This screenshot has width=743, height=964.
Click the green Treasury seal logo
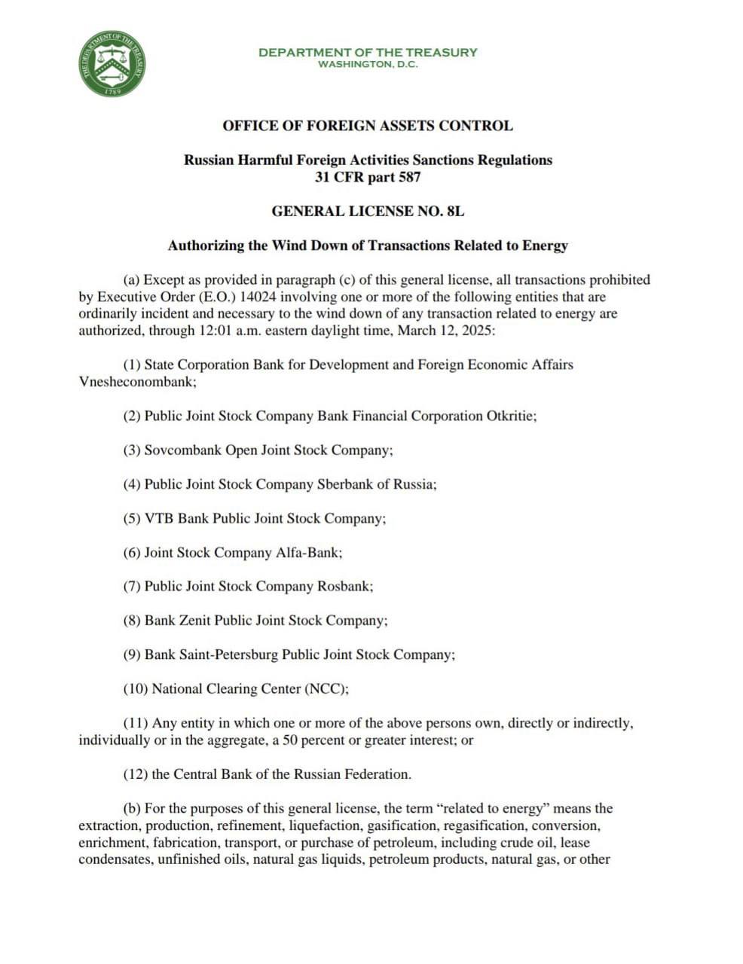click(x=112, y=64)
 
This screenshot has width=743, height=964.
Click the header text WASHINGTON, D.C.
click(x=368, y=64)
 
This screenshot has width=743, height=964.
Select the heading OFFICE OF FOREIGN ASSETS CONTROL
click(x=368, y=126)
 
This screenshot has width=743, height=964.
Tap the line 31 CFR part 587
click(x=368, y=178)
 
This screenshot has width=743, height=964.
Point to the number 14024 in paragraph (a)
click(x=261, y=297)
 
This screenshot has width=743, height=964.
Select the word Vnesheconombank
click(x=136, y=382)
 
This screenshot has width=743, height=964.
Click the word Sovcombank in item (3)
click(x=183, y=450)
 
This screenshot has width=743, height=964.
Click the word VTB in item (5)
click(x=159, y=518)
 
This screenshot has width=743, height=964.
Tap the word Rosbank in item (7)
click(x=344, y=587)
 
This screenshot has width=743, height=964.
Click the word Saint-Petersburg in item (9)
click(x=228, y=655)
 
